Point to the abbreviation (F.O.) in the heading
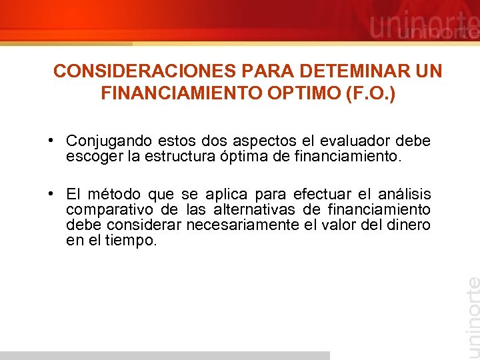370,94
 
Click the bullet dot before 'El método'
51,194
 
